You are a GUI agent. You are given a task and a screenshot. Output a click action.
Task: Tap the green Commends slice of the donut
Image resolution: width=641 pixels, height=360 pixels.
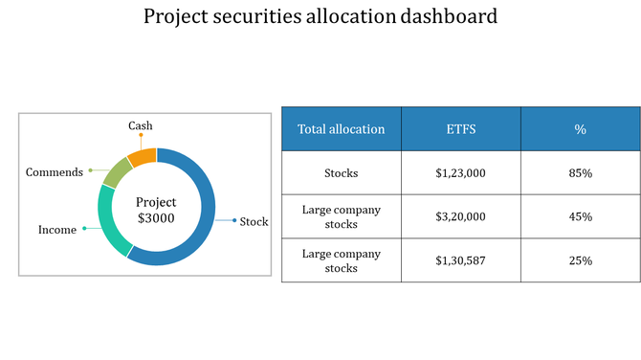tap(117, 172)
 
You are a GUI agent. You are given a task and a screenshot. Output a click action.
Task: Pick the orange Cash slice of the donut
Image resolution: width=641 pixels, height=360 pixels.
tap(143, 157)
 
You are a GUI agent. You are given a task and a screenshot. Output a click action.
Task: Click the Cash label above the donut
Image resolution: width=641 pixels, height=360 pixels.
tap(141, 125)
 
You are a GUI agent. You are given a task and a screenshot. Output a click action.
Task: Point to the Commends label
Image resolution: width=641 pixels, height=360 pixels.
tap(54, 172)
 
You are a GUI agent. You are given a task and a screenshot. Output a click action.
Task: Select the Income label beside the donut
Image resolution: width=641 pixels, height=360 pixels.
tap(56, 230)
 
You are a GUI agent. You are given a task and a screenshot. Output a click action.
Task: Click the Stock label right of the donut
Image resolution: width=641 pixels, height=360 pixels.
tap(254, 221)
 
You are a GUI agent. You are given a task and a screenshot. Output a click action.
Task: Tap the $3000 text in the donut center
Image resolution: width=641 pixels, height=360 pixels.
tap(156, 218)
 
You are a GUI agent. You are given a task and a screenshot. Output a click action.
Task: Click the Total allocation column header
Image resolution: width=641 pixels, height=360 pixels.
tap(342, 129)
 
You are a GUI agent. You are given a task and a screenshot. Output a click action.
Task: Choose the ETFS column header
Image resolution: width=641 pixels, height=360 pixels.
tap(460, 129)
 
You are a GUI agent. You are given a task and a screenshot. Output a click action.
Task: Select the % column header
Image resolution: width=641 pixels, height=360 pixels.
tap(580, 129)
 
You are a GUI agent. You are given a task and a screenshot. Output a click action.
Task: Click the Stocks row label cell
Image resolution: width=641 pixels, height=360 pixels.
tap(342, 173)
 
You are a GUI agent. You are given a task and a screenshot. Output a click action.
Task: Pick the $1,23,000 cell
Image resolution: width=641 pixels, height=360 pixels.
tap(460, 173)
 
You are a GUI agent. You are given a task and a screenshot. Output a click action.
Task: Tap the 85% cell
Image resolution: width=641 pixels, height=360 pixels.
tap(580, 173)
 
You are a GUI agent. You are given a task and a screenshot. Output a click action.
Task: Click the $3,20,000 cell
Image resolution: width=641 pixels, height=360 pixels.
tap(460, 216)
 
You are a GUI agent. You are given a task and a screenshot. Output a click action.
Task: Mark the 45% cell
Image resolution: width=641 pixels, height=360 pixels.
tap(580, 216)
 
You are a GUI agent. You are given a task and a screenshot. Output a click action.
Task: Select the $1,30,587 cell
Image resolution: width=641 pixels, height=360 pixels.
tap(460, 260)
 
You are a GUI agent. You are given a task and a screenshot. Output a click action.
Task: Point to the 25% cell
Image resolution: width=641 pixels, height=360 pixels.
tap(580, 260)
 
